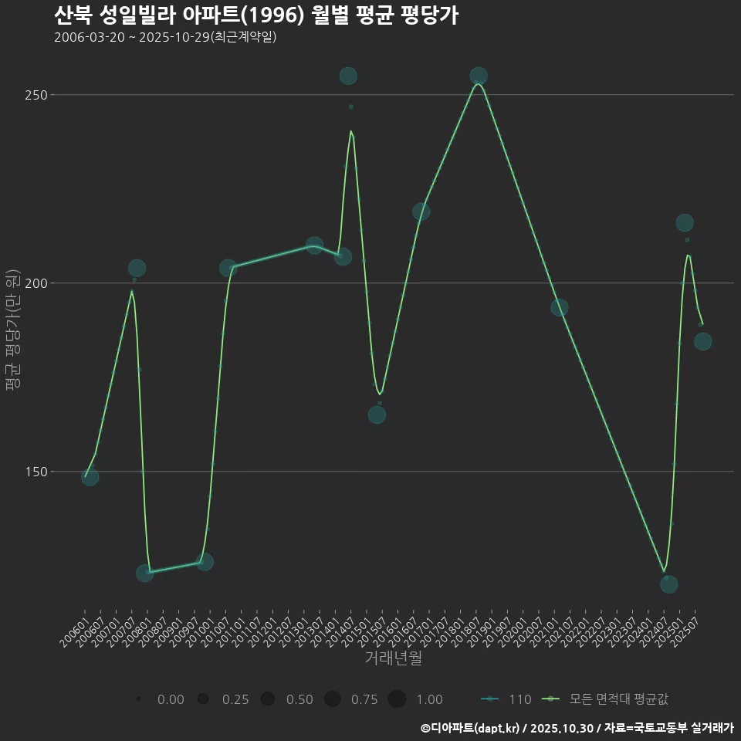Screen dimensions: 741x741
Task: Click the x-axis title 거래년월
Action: coord(393,658)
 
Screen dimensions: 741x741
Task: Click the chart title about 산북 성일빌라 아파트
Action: coord(256,15)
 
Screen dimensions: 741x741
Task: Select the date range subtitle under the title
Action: coord(165,37)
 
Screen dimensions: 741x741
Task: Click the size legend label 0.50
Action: coord(299,699)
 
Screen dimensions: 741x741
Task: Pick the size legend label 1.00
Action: coord(429,699)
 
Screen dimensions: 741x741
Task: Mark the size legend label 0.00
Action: coord(171,699)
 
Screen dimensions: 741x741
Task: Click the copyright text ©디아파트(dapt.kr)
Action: coord(472,728)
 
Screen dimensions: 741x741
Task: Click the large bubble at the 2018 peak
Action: coord(479,76)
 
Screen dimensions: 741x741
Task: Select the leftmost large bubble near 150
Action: coord(90,477)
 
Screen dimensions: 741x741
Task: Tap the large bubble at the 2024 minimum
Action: coord(669,584)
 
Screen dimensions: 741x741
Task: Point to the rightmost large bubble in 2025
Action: coord(702,341)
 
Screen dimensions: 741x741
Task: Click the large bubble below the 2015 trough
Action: coord(377,414)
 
